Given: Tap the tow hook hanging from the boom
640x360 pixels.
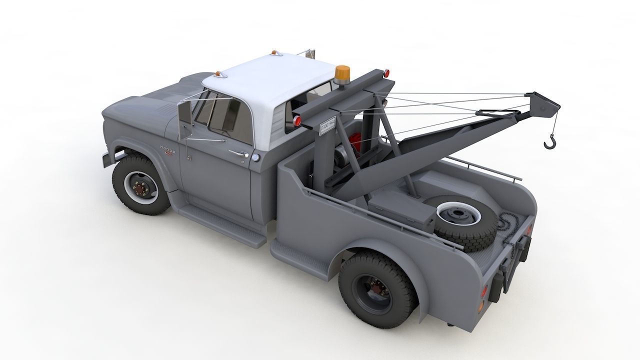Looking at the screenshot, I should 549,142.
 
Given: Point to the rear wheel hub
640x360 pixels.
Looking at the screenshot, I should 374,289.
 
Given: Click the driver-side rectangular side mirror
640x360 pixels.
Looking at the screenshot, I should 184,120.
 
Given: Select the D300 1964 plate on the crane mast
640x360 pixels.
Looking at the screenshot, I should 327,126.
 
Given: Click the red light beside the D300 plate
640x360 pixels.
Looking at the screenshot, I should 297,120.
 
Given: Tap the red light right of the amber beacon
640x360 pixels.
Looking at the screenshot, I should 386,73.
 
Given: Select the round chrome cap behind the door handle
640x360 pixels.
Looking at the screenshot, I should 256,157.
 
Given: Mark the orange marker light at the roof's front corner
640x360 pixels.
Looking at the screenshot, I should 219,74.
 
